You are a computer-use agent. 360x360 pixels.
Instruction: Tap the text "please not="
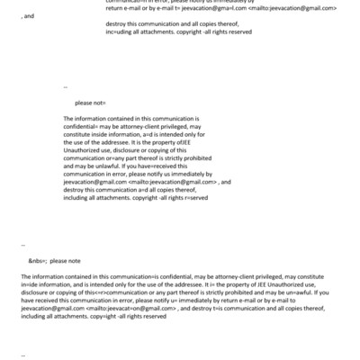(93, 103)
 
